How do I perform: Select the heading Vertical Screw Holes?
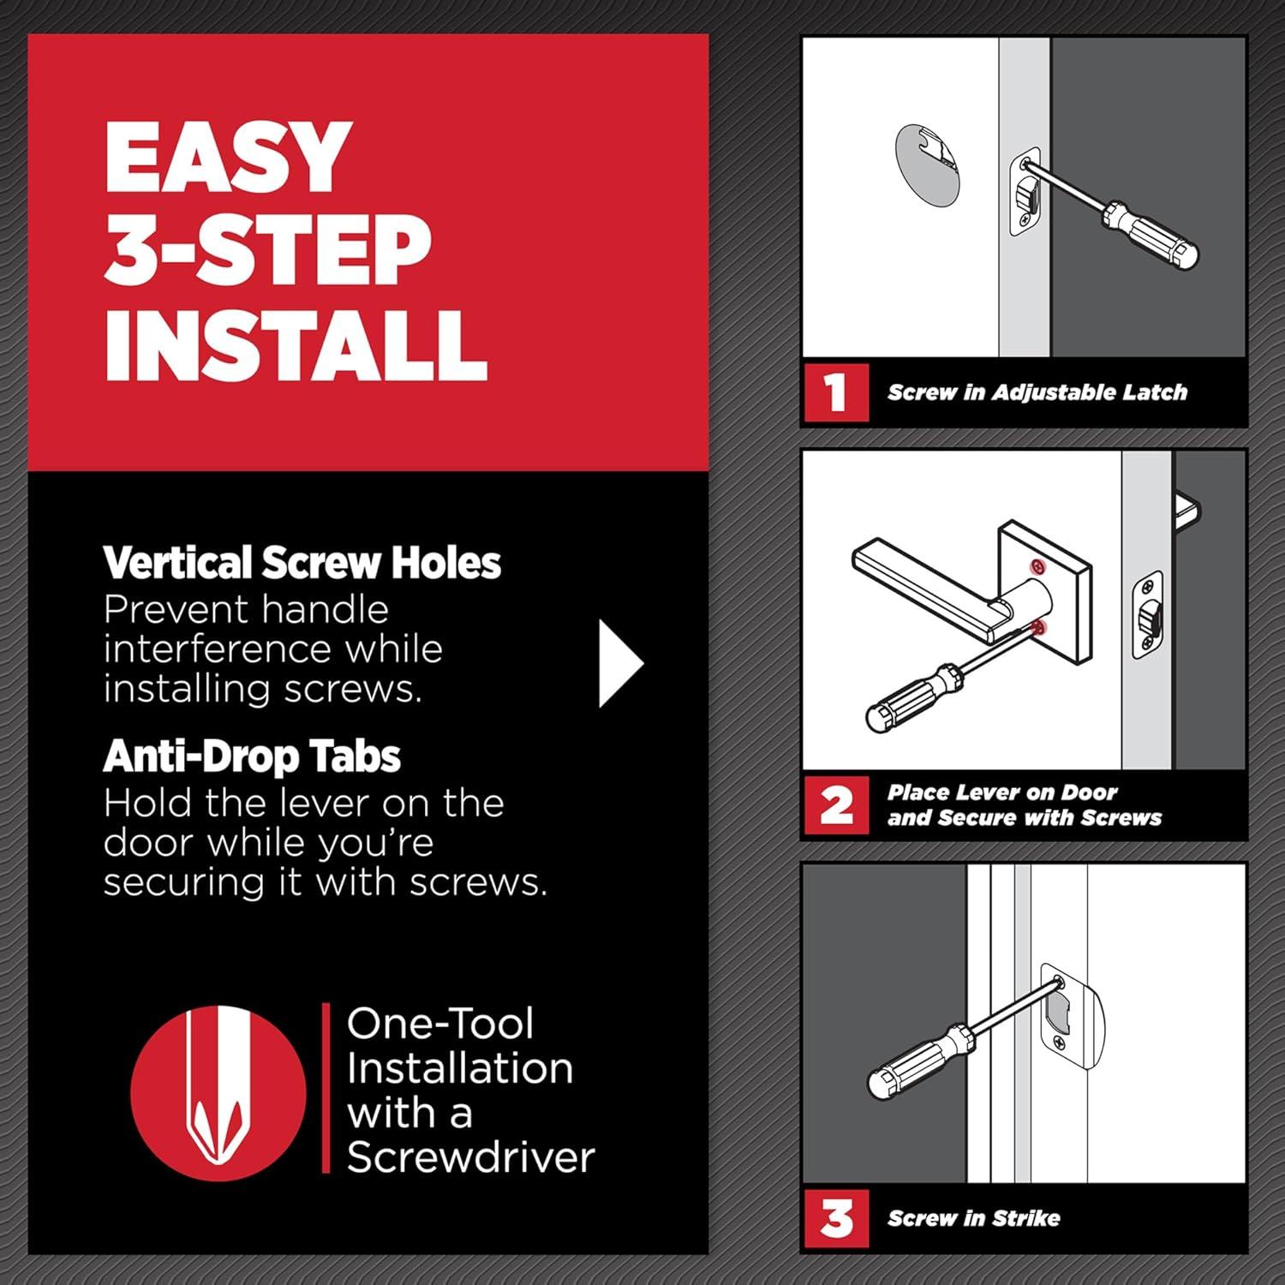[302, 563]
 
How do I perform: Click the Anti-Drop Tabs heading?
[252, 756]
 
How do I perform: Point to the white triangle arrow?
[619, 663]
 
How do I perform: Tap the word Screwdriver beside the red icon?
[470, 1156]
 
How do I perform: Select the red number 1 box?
[836, 392]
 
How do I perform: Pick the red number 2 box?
[836, 805]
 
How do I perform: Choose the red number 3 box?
[836, 1217]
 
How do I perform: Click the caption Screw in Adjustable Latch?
[1037, 392]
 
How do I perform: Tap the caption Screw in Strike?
[974, 1217]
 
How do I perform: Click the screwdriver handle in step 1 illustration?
[1150, 233]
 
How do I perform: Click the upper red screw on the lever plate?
[1037, 566]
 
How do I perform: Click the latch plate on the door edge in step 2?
[1148, 615]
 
